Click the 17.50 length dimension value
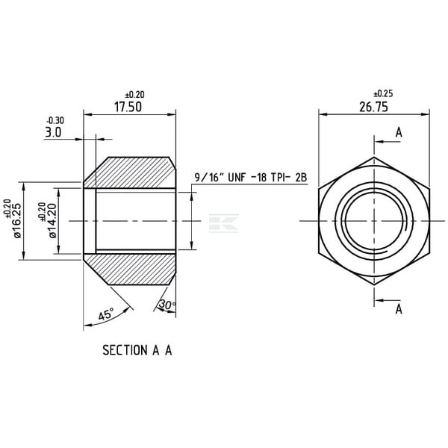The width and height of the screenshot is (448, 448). (x=128, y=107)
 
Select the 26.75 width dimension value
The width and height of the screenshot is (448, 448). (x=374, y=107)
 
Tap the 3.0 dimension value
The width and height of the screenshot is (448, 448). (x=53, y=132)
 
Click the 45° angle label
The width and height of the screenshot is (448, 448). (x=106, y=314)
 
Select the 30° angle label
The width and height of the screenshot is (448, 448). (x=167, y=305)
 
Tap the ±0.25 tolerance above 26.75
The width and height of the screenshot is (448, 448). (x=384, y=93)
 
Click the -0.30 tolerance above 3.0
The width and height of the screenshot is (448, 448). (x=55, y=120)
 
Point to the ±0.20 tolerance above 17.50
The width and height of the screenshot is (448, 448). (x=135, y=94)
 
